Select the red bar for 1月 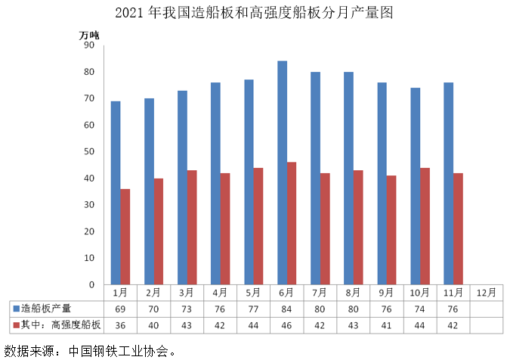coord(125,237)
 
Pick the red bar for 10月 coord(424,226)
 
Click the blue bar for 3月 coord(182,188)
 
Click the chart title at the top coord(254,13)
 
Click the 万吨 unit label coord(89,34)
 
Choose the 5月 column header coord(253,292)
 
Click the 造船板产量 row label coord(46,309)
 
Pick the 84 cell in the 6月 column coord(286,309)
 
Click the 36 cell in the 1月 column coord(119,325)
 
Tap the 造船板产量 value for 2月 coord(153,309)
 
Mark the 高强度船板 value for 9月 coord(386,325)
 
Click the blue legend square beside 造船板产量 coord(15,309)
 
